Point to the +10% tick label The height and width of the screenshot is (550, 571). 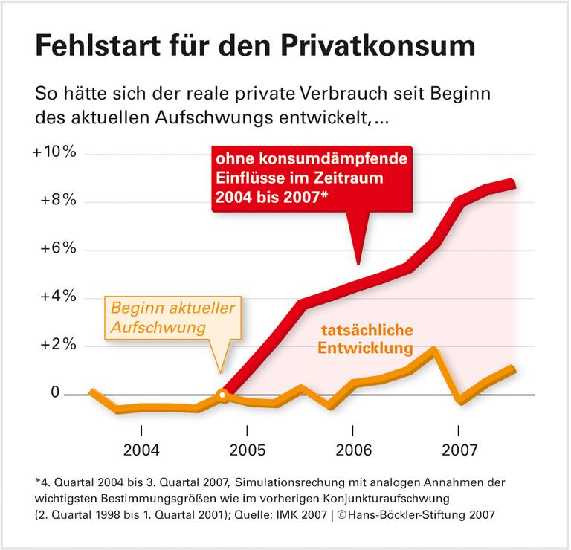[x=54, y=152]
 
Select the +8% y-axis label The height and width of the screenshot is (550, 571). [x=57, y=201]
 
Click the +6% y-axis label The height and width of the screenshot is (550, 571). [x=57, y=248]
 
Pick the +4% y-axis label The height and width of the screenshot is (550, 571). [x=57, y=297]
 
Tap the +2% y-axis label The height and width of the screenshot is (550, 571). [x=57, y=345]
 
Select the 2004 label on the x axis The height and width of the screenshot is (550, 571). [x=141, y=451]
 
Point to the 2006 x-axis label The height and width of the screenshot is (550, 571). [x=352, y=451]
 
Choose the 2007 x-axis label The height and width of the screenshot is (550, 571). [x=458, y=451]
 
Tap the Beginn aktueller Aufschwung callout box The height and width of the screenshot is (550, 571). [x=172, y=317]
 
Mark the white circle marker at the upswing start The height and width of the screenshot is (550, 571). [x=221, y=395]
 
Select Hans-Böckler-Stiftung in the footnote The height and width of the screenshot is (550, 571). [x=427, y=514]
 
